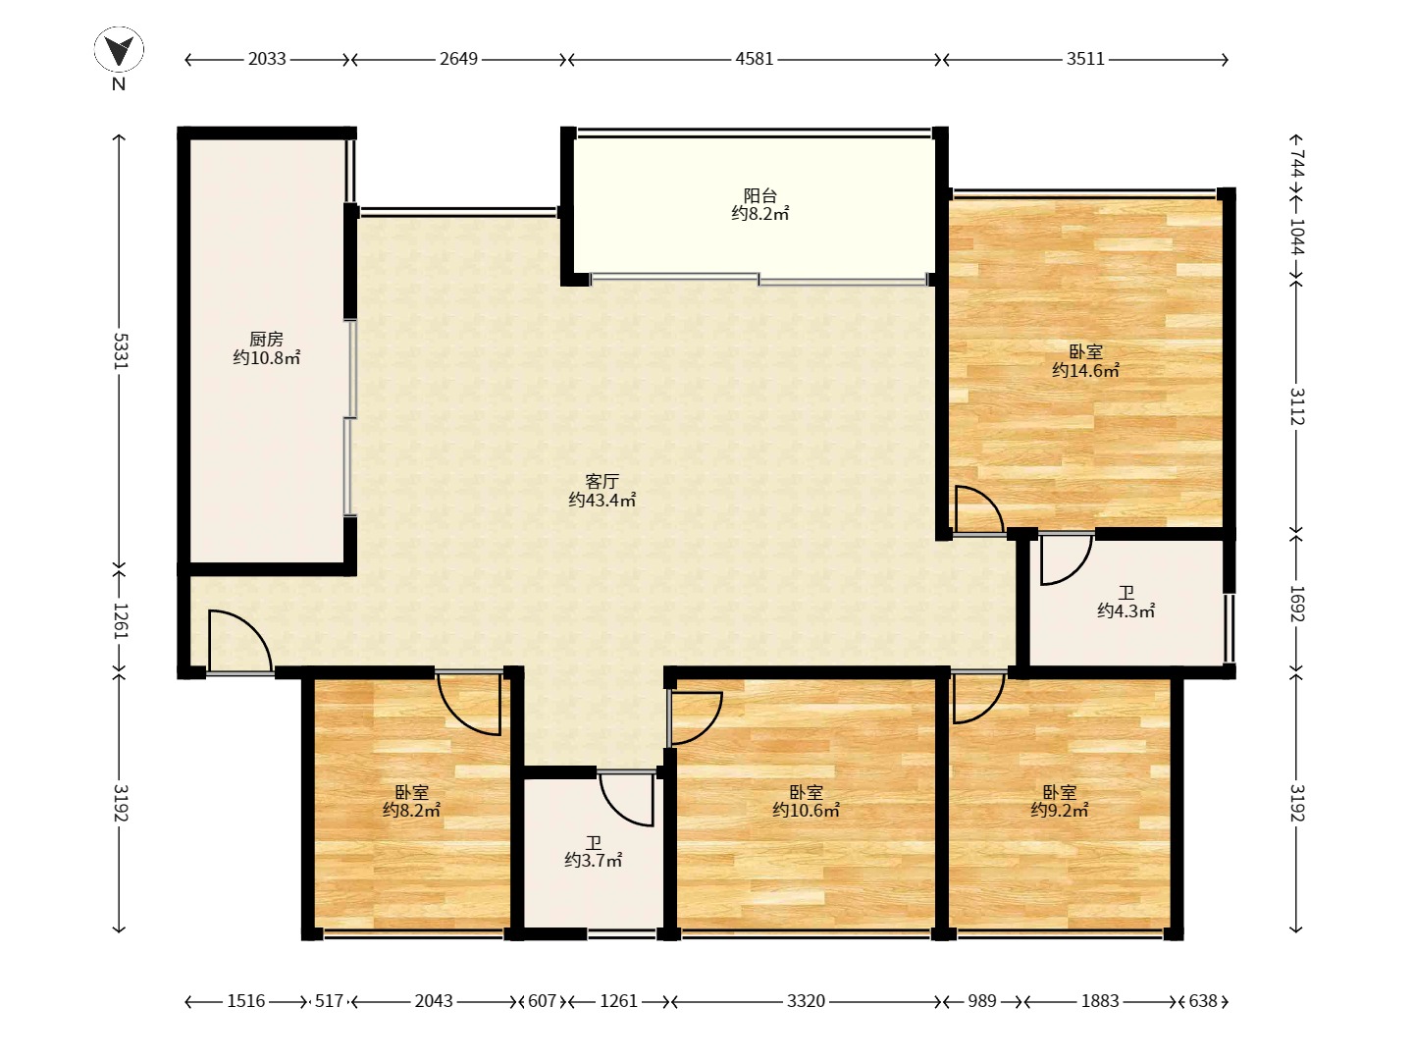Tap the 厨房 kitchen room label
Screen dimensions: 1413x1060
[267, 348]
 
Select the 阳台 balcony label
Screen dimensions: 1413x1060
[760, 204]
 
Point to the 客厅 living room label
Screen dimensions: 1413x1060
[602, 491]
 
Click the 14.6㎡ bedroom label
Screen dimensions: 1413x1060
[1086, 361]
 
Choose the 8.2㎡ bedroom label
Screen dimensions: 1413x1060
[411, 801]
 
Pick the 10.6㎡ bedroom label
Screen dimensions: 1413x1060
[806, 801]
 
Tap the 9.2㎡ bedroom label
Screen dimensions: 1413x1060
[1060, 801]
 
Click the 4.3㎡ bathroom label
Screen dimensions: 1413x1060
[1125, 602]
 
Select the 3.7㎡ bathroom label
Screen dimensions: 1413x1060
[593, 852]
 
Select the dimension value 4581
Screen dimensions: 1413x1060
[755, 59]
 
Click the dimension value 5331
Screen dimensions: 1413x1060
[120, 350]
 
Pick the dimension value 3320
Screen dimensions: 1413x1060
[806, 1001]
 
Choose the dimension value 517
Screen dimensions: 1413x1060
[329, 1001]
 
